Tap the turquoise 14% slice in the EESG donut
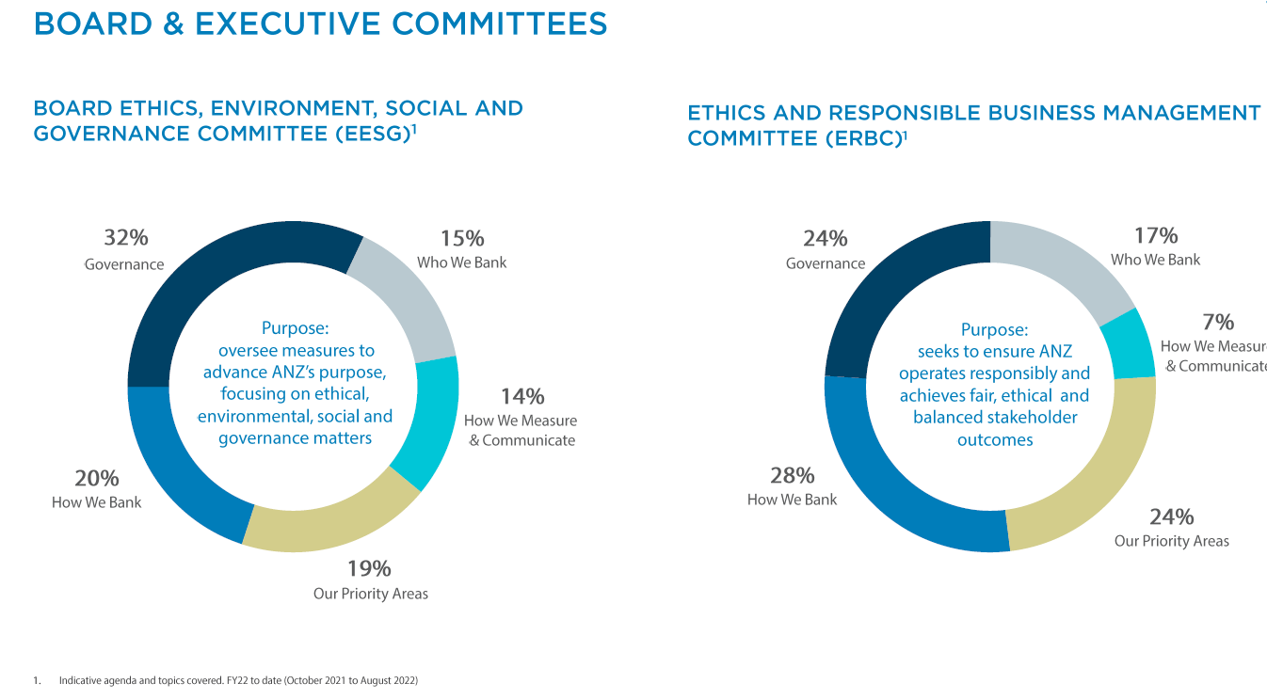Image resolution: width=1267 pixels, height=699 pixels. pyautogui.click(x=425, y=423)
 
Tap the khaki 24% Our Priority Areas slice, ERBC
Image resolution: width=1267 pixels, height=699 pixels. pyautogui.click(x=1092, y=470)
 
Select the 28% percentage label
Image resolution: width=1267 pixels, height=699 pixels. pyautogui.click(x=792, y=475)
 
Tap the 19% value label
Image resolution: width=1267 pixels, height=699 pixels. pyautogui.click(x=369, y=568)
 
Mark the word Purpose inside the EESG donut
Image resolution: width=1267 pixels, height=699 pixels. pyautogui.click(x=295, y=328)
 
